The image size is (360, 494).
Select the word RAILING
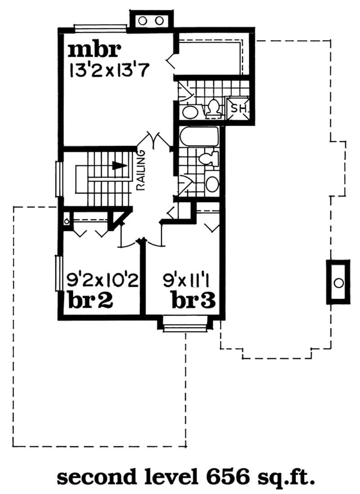click(x=140, y=172)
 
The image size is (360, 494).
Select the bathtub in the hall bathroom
click(x=198, y=136)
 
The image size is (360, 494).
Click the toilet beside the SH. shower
click(x=213, y=108)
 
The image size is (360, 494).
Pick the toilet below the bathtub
click(x=208, y=159)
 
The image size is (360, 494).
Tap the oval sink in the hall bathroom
click(x=212, y=184)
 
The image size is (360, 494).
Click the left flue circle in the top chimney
click(x=143, y=20)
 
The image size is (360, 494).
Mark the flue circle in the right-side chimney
click(x=338, y=282)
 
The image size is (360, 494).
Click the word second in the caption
click(x=92, y=476)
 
